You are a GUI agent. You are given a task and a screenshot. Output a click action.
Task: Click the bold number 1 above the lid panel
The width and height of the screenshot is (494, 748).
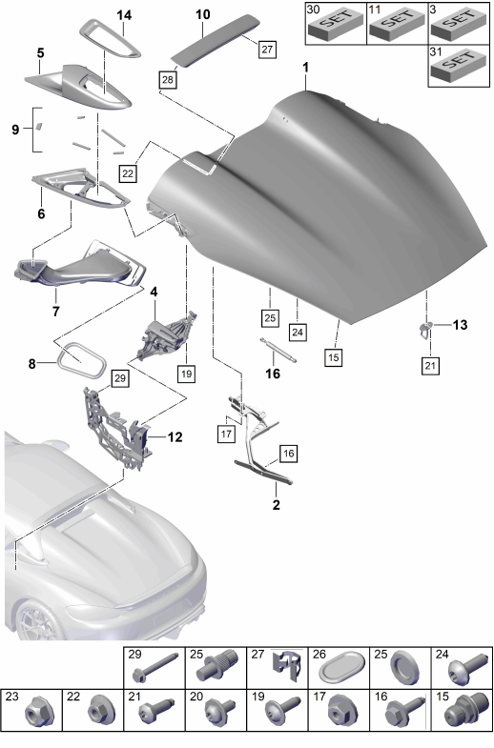[305, 68]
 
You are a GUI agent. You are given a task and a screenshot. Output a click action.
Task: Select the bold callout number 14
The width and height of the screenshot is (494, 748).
[124, 15]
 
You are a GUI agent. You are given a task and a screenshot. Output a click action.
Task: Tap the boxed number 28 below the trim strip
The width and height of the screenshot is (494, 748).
[168, 79]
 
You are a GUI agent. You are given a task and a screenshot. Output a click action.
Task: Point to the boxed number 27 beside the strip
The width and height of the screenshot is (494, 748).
[267, 49]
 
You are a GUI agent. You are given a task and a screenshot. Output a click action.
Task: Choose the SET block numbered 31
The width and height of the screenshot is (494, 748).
[459, 65]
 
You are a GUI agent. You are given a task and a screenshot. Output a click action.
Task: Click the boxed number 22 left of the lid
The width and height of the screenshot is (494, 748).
[128, 173]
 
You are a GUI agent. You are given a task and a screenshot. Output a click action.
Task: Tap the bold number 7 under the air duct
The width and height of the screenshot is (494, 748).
[56, 312]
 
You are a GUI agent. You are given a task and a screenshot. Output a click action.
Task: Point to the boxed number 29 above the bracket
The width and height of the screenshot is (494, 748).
[120, 378]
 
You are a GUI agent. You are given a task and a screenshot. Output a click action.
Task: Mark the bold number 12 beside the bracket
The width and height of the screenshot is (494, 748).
[175, 437]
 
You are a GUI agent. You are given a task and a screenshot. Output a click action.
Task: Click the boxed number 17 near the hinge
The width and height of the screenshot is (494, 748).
[226, 435]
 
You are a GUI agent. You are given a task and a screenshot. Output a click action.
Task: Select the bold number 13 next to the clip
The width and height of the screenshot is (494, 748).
[460, 325]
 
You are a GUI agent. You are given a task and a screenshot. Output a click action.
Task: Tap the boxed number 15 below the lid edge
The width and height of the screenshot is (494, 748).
[334, 356]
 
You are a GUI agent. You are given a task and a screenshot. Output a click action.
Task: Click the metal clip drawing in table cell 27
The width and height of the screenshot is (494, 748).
[287, 667]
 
